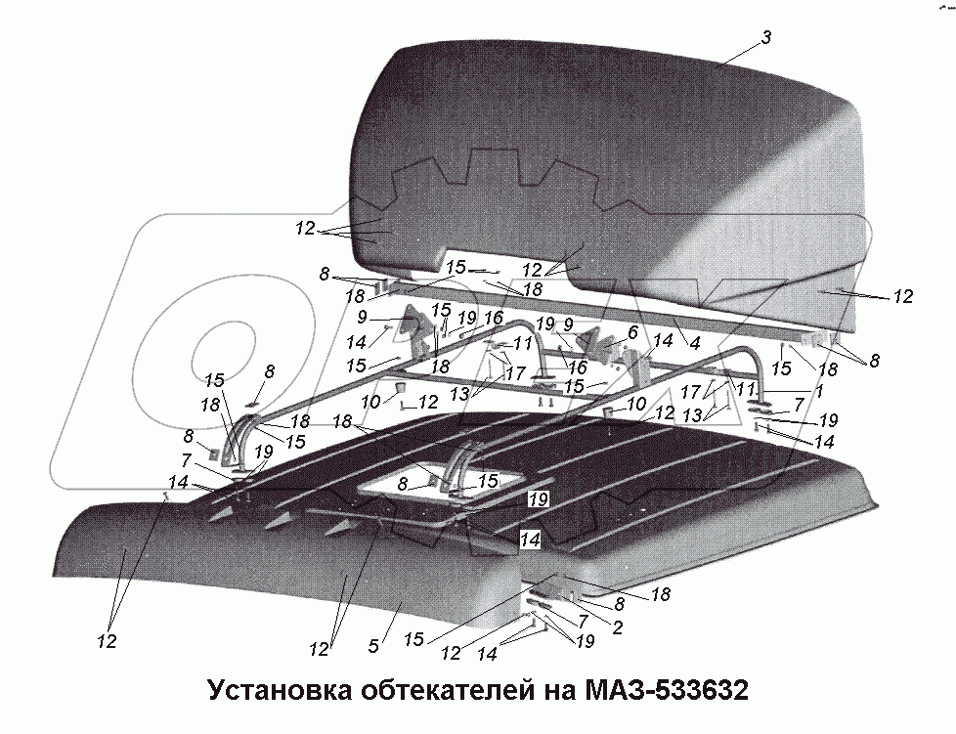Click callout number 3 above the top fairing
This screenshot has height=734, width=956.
(767, 37)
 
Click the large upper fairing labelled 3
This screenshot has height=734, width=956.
(606, 147)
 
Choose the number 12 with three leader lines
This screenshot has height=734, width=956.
(303, 229)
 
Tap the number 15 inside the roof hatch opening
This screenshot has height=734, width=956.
(485, 480)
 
